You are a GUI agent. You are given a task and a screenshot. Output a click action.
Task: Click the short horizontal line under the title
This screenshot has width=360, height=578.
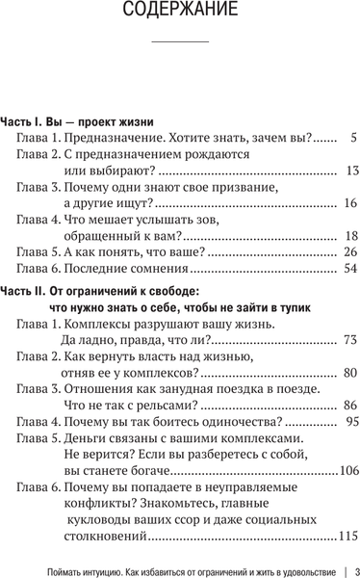pos(180,43)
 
